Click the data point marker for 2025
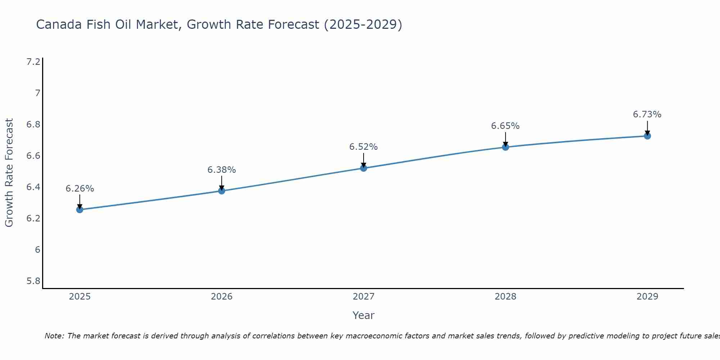[80, 210]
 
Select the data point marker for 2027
[364, 168]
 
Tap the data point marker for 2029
[647, 136]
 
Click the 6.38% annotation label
[222, 170]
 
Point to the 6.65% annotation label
[505, 126]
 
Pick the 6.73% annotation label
[647, 114]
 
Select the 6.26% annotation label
[80, 189]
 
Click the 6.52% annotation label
[364, 147]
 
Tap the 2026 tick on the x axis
[222, 297]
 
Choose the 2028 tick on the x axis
[505, 297]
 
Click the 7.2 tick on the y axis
[33, 62]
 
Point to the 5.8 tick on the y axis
[33, 281]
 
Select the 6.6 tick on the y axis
[33, 156]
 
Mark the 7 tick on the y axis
[37, 93]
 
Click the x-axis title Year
[364, 315]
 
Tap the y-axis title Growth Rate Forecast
[9, 173]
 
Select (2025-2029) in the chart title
[363, 24]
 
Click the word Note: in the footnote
[54, 336]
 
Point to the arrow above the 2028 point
[505, 140]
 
